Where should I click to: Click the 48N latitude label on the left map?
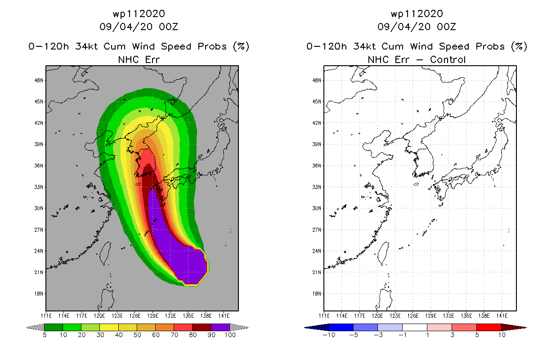pyautogui.click(x=39, y=81)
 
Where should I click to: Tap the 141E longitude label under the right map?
pyautogui.click(x=502, y=316)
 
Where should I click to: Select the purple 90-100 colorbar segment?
pyautogui.click(x=220, y=327)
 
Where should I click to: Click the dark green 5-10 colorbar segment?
pyautogui.click(x=54, y=327)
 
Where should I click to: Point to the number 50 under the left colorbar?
pyautogui.click(x=137, y=335)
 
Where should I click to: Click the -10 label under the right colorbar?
pyautogui.click(x=329, y=335)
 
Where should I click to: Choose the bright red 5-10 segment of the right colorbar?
pyautogui.click(x=489, y=327)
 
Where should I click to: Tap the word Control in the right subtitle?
pyautogui.click(x=448, y=59)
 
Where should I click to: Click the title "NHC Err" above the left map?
pyautogui.click(x=139, y=59)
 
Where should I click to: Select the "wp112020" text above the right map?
pyautogui.click(x=417, y=14)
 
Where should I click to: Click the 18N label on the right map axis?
pyautogui.click(x=317, y=294)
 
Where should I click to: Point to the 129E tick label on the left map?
pyautogui.click(x=152, y=316)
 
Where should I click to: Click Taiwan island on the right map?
pyautogui.click(x=383, y=254)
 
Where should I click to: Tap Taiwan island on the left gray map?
pyautogui.click(x=105, y=254)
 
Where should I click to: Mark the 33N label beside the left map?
pyautogui.click(x=39, y=187)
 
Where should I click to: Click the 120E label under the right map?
pyautogui.click(x=377, y=316)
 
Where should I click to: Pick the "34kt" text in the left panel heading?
pyautogui.click(x=86, y=46)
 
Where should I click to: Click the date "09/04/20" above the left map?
pyautogui.click(x=126, y=27)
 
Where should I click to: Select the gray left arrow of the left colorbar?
pyautogui.click(x=35, y=328)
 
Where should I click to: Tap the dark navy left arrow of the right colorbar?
pyautogui.click(x=317, y=328)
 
